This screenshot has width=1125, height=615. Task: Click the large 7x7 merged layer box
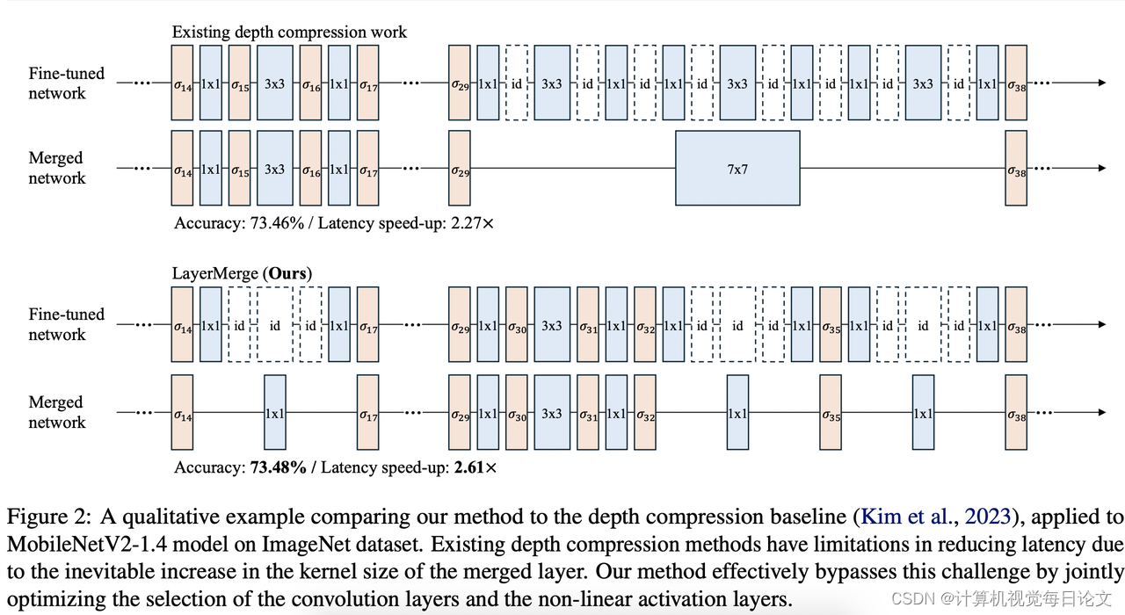pos(737,168)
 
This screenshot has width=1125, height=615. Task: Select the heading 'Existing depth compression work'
pos(289,32)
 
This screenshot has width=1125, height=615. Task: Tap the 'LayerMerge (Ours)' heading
pos(242,273)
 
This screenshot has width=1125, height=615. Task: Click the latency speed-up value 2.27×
pos(473,223)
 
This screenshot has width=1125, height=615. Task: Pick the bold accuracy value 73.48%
pos(276,467)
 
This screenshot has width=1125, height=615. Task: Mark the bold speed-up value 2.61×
pos(475,467)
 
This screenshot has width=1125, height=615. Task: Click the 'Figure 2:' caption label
pos(38,516)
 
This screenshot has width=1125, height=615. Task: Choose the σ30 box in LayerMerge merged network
pos(516,413)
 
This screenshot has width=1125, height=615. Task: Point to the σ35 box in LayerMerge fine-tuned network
pos(831,325)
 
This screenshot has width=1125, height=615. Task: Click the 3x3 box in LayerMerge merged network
pos(551,413)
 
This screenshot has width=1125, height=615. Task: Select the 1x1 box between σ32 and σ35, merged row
pos(737,413)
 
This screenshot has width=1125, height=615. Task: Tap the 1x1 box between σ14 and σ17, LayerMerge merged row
pos(275,413)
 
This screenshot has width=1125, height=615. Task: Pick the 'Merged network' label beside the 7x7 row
pos(56,168)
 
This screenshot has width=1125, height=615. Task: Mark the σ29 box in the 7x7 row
pos(460,168)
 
